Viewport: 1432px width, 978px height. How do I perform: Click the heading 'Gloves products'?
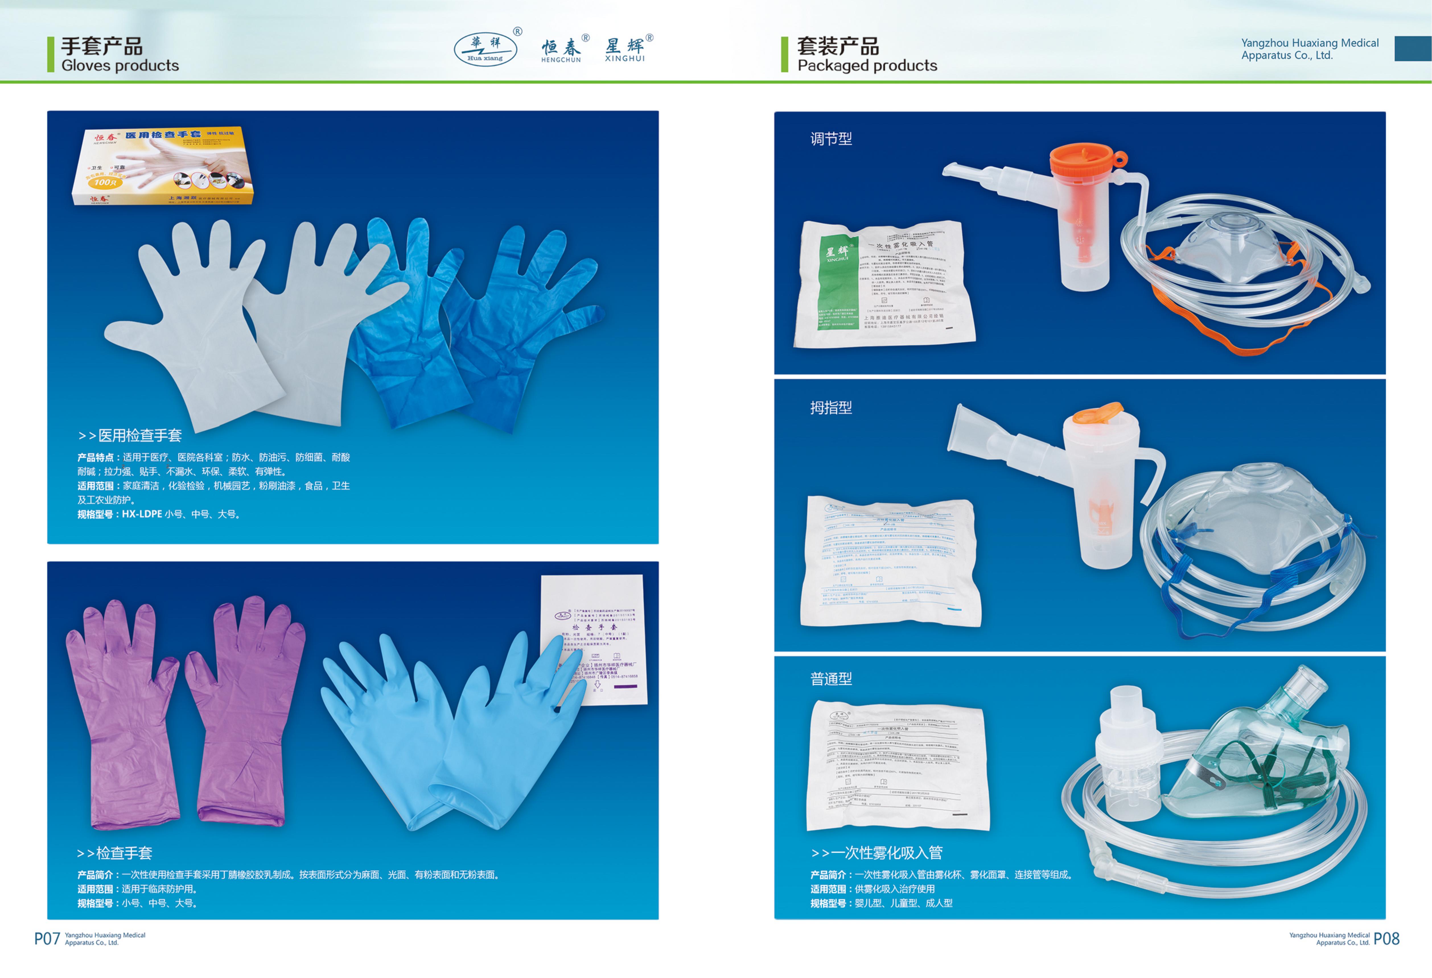(x=120, y=65)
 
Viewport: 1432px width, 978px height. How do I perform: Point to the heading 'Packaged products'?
(x=867, y=65)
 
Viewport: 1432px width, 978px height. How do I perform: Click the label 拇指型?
(x=831, y=408)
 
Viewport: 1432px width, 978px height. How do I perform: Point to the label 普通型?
(x=831, y=679)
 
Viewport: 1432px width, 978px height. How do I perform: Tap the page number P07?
(x=47, y=938)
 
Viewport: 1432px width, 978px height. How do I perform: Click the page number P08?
(x=1386, y=938)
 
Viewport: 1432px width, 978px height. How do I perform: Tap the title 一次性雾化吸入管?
(x=886, y=853)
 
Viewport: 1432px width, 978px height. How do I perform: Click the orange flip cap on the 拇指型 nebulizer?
(x=1098, y=414)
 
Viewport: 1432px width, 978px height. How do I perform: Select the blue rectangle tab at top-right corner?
(x=1412, y=49)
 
